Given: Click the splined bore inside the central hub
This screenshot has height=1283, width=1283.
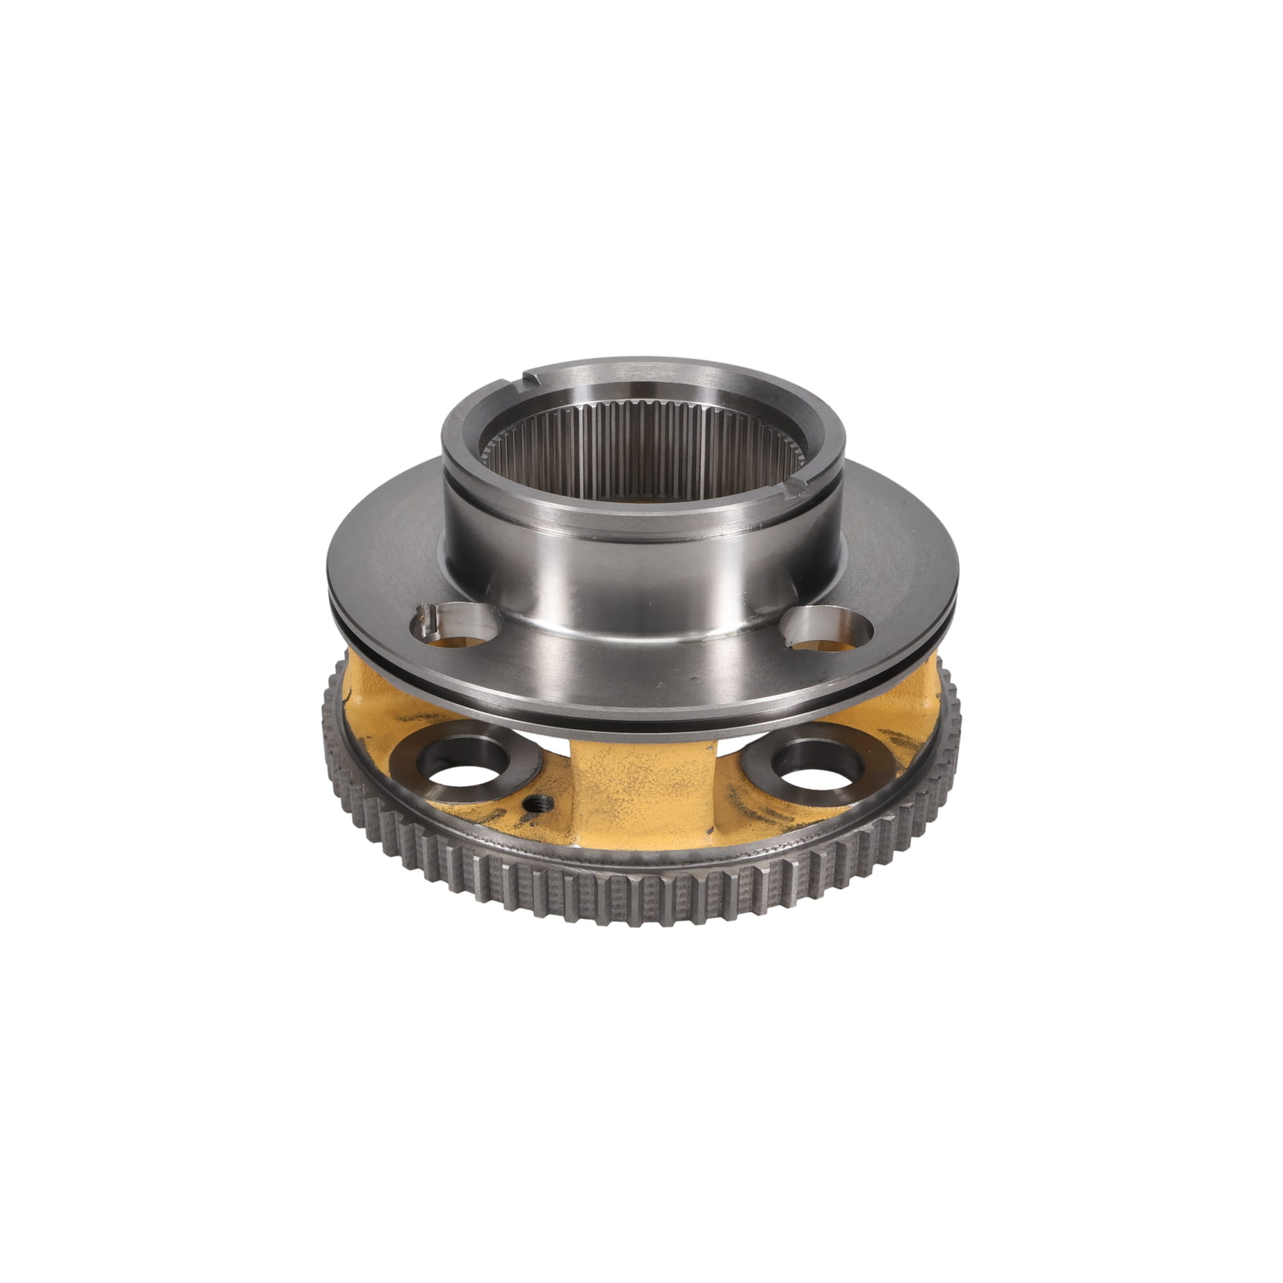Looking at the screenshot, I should (x=641, y=452).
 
